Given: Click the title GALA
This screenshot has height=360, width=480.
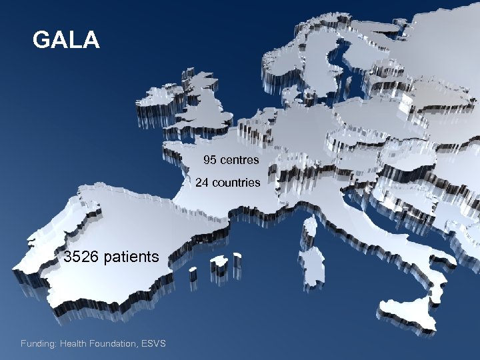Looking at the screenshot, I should [66, 40].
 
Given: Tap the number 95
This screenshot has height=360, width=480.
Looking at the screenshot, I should [210, 160].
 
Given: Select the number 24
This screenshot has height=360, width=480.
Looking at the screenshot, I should [203, 182].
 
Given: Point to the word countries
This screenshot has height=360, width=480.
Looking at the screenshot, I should [236, 182].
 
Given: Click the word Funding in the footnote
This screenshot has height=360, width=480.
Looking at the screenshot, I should [37, 343].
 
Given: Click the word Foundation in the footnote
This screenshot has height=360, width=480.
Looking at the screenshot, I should [112, 343].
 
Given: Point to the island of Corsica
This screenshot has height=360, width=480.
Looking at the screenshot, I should [309, 227].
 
